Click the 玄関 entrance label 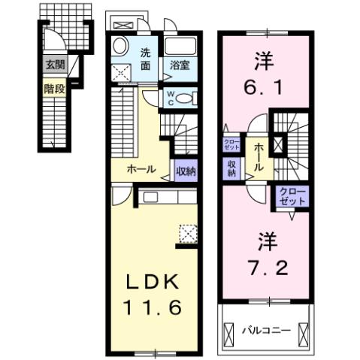click(54, 65)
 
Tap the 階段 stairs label click(54, 87)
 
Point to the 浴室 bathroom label click(179, 65)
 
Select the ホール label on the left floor click(141, 170)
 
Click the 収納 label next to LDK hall click(186, 171)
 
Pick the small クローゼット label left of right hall click(231, 144)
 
